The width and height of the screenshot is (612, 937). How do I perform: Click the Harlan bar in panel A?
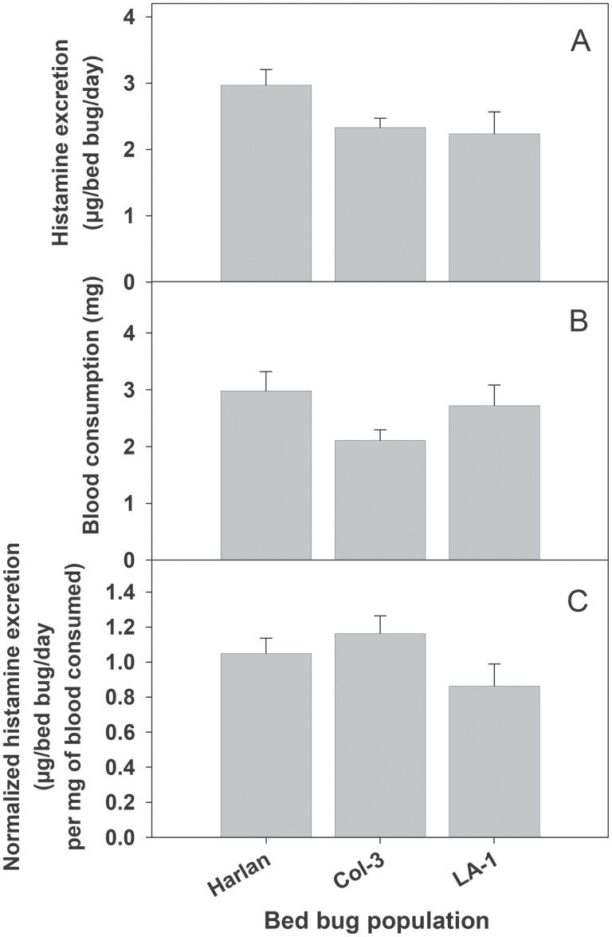(x=265, y=183)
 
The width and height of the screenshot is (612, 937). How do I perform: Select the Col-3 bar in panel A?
(x=379, y=205)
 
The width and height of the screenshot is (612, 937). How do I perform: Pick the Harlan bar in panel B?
(x=265, y=475)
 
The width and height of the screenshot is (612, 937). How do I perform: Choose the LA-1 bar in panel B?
(x=494, y=482)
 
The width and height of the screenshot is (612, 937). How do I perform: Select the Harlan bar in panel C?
(x=265, y=746)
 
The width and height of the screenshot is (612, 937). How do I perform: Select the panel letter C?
(x=579, y=600)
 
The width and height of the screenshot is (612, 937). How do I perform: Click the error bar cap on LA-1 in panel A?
(x=494, y=112)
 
